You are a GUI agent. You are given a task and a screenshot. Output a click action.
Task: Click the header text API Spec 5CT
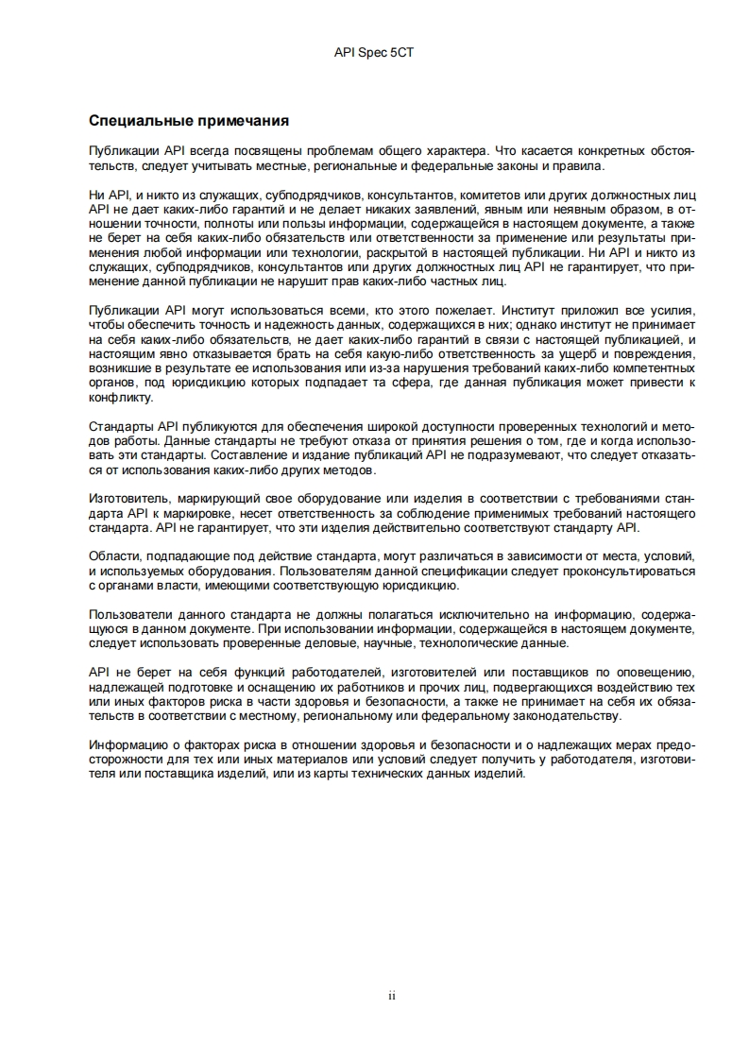click(x=374, y=54)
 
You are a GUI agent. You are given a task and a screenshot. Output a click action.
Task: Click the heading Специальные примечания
click(x=188, y=121)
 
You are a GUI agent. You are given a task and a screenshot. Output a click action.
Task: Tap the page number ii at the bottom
click(x=391, y=995)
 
